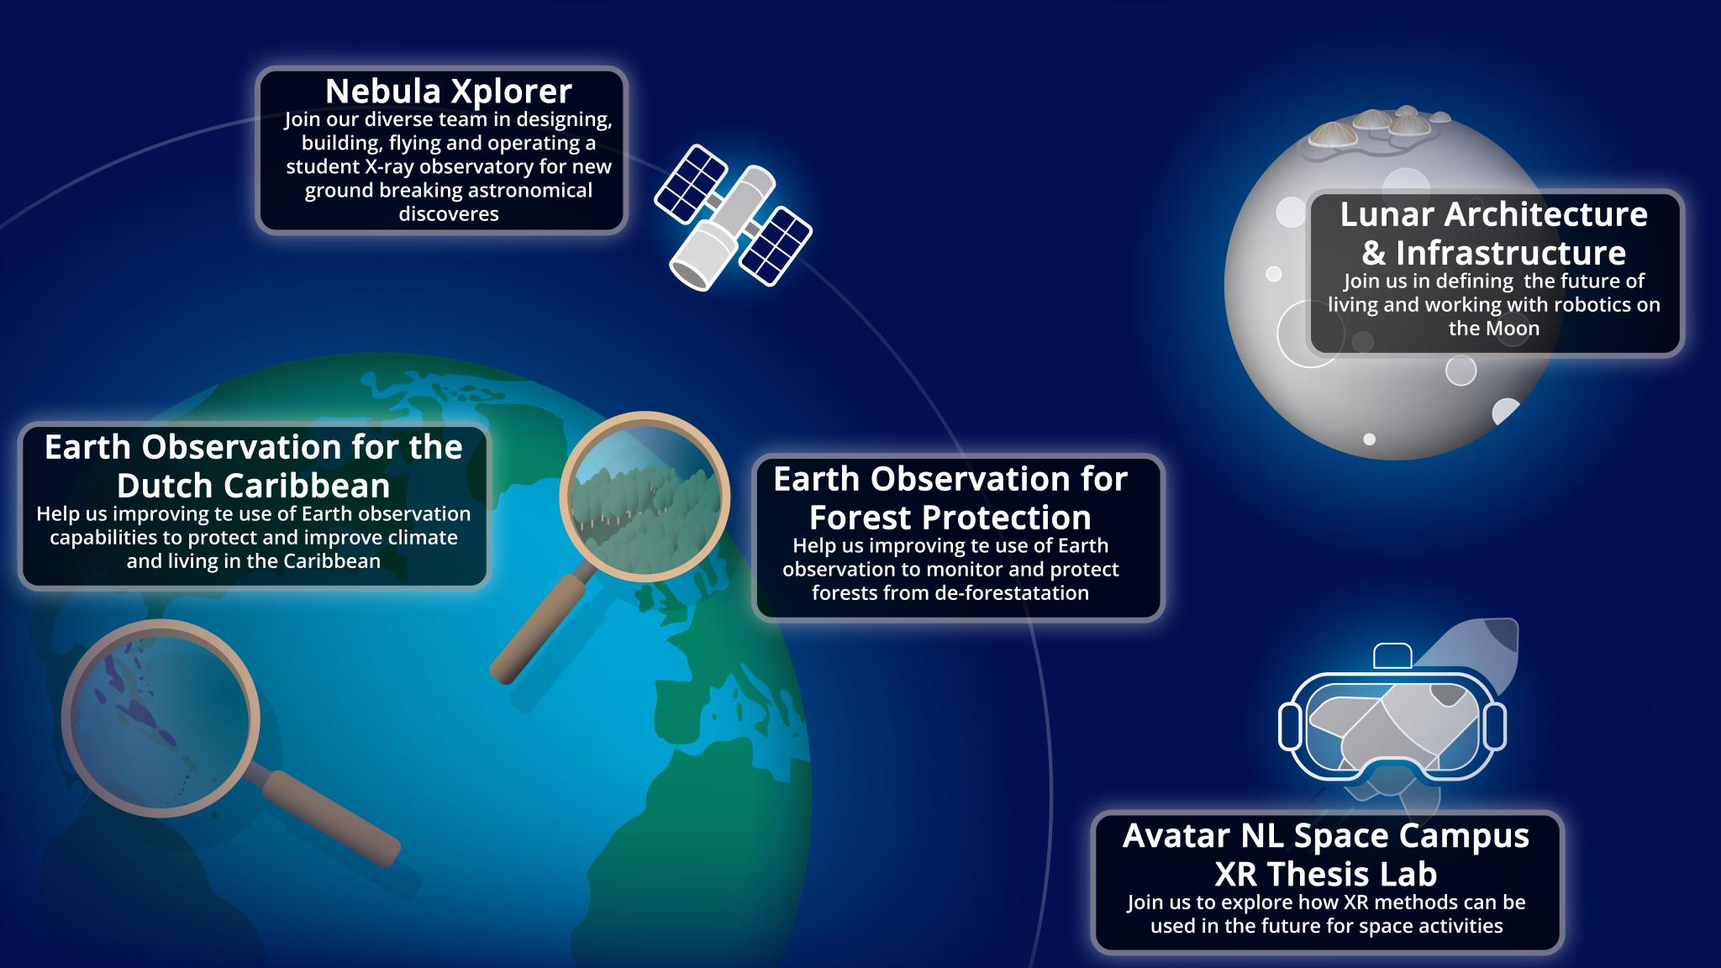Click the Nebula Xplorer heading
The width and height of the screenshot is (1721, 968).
click(x=448, y=91)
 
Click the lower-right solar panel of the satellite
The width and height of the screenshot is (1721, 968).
click(x=776, y=244)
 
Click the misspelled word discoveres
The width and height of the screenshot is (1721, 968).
click(x=449, y=213)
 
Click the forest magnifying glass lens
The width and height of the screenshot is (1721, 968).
click(x=645, y=497)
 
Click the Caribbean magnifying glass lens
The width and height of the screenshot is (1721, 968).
click(x=161, y=718)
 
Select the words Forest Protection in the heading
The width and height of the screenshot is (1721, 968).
click(x=950, y=518)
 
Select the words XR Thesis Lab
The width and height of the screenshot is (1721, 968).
click(x=1326, y=875)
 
